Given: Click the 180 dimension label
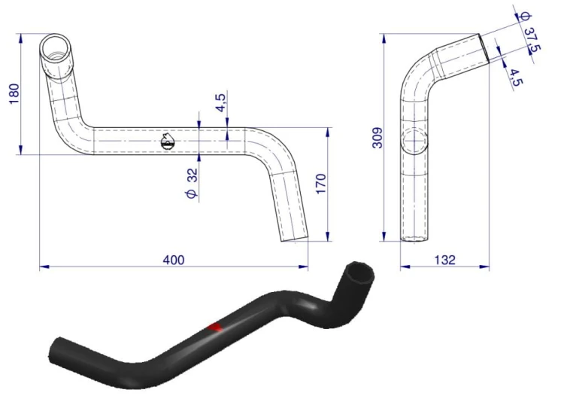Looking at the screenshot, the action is pos(14,94).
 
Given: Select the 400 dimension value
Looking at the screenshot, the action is pos(174,260).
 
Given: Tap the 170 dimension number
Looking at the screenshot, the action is pos(321,184).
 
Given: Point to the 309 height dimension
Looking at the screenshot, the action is pos(378,138).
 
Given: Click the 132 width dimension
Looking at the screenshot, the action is pos(445,260).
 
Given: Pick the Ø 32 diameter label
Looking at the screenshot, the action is pos(193,183).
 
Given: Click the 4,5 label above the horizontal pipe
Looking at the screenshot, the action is pos(222,102).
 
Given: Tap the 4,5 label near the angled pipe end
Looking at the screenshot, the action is pos(514,78).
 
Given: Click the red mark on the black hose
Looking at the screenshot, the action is pos(215,327).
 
